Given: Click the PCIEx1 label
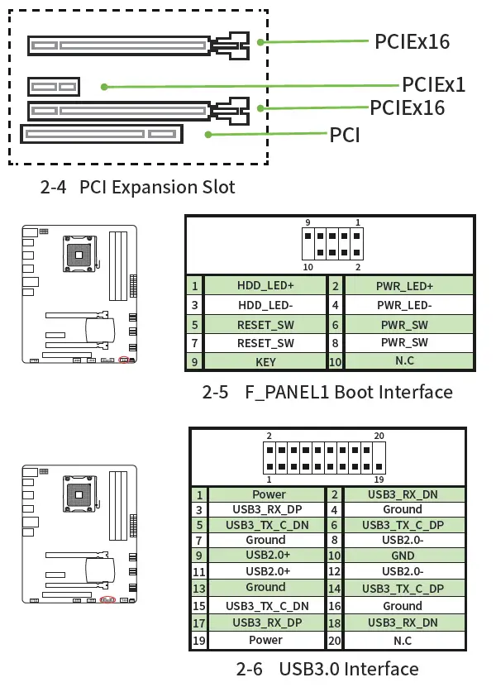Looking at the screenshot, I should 433,84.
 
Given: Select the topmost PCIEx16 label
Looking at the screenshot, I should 412,41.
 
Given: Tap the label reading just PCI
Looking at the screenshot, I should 345,134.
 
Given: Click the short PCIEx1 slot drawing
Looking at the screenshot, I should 54,86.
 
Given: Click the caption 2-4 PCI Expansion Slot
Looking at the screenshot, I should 137,187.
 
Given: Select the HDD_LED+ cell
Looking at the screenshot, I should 265,286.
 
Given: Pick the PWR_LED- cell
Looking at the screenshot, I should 404,305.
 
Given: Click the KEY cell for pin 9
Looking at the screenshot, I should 265,362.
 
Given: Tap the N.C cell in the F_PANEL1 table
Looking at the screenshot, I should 404,362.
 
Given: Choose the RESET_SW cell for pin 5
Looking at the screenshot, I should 265,324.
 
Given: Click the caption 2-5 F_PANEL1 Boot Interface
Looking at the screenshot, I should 327,392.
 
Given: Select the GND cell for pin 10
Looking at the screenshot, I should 403,556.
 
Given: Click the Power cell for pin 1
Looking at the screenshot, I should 269,494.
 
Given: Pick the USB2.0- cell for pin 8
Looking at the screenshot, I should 403,540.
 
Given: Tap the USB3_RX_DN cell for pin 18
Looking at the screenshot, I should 403,623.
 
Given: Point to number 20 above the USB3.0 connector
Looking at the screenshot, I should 379,436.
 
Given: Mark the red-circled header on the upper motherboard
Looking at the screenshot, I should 124,360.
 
